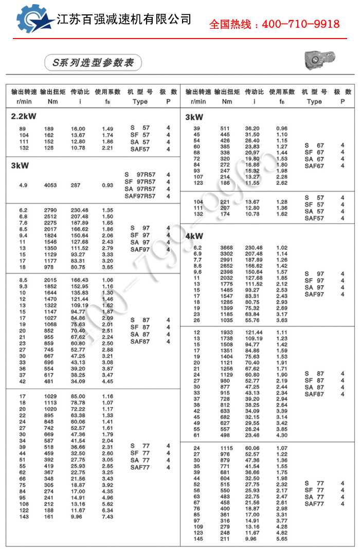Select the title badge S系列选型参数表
pyautogui.click(x=93, y=63)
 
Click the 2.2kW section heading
pyautogui.click(x=24, y=116)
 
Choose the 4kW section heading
pyautogui.click(x=194, y=236)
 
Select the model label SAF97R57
pyautogui.click(x=140, y=196)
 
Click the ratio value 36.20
pyautogui.click(x=252, y=128)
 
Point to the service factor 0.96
pyautogui.click(x=282, y=128)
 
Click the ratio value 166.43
pyautogui.click(x=78, y=280)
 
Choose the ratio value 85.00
pyautogui.click(x=78, y=396)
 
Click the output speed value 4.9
pyautogui.click(x=23, y=185)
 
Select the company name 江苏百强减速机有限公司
pyautogui.click(x=123, y=20)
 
